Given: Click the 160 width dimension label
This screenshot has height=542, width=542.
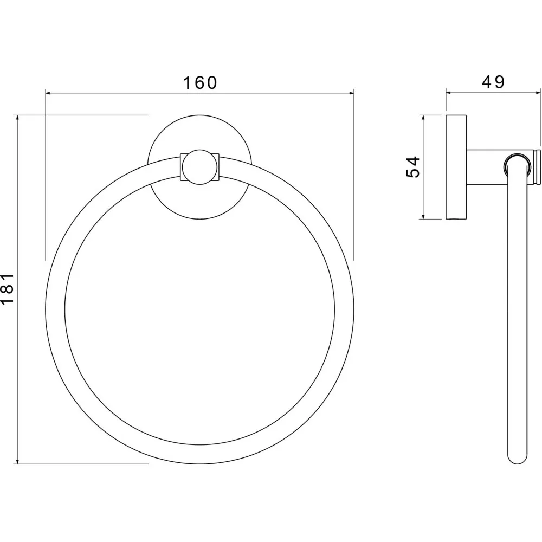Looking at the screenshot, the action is (200, 82).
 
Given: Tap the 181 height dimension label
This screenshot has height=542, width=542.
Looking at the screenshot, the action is (7, 289).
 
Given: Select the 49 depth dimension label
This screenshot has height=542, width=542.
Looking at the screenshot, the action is (493, 82).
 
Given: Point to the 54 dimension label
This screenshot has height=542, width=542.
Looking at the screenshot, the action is (412, 167).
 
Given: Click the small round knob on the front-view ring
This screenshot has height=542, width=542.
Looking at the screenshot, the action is (200, 167).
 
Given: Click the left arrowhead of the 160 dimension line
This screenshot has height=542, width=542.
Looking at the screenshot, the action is (48, 93).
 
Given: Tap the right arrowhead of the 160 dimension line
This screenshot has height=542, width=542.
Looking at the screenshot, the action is (351, 93).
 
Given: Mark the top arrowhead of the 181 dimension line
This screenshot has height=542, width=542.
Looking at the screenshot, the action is (17, 118).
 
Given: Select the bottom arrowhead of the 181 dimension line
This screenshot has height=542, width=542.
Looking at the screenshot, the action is (17, 461).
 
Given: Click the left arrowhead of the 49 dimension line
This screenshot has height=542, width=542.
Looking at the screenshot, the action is (449, 92).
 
